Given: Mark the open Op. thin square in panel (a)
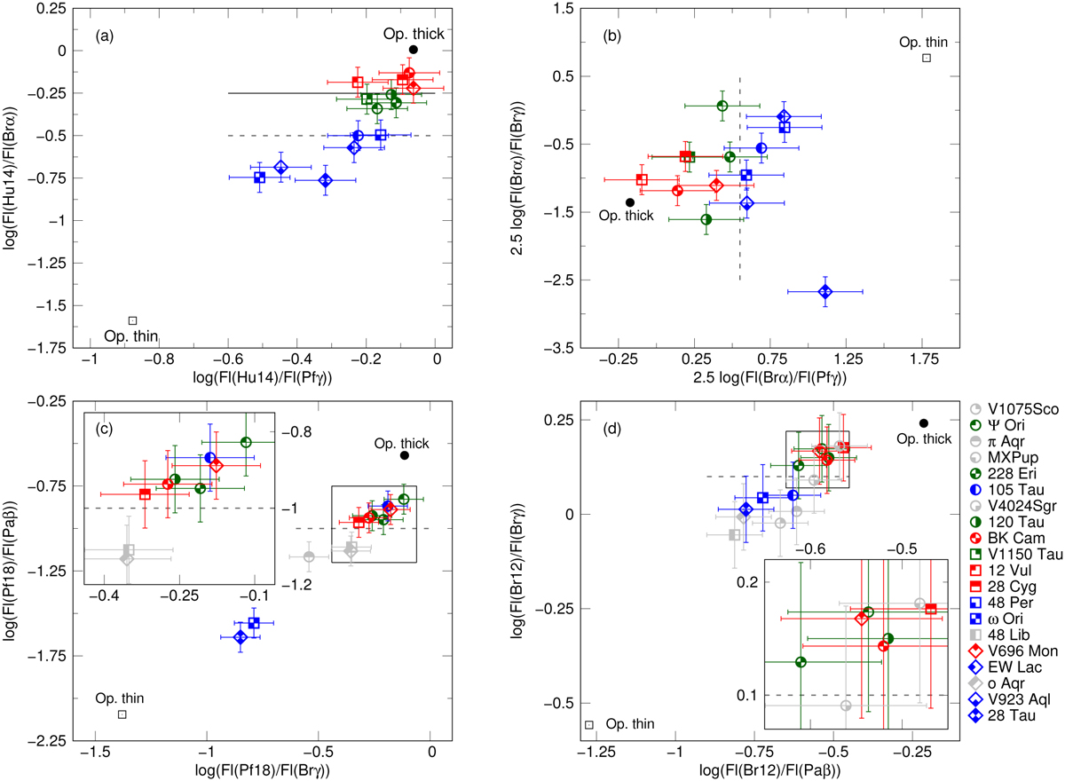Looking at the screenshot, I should tap(132, 320).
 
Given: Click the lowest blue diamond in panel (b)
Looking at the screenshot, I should tap(824, 291).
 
